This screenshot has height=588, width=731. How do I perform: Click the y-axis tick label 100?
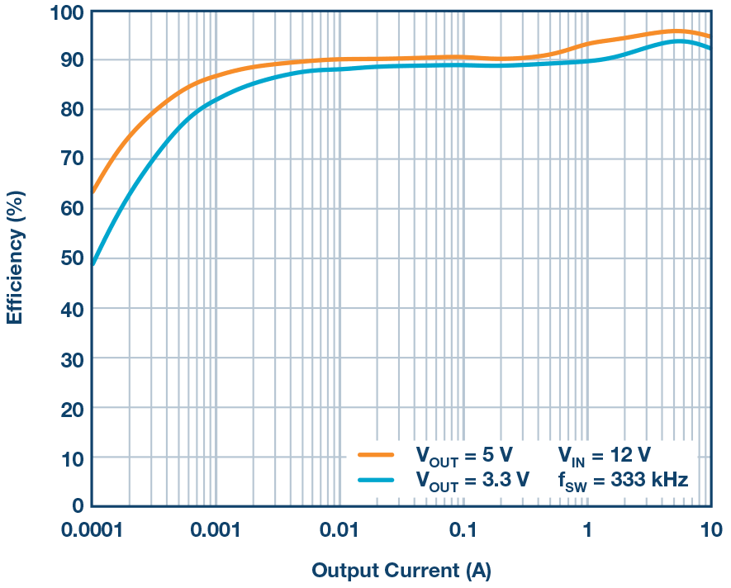(x=66, y=13)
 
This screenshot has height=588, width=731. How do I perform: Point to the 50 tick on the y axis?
(x=72, y=258)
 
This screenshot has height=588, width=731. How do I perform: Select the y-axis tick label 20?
(x=72, y=408)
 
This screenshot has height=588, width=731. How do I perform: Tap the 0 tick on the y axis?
(x=77, y=505)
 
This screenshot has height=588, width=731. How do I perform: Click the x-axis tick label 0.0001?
(x=91, y=529)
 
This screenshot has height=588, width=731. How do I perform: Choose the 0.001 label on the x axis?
(x=214, y=529)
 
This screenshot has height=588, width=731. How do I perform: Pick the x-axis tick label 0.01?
(x=339, y=529)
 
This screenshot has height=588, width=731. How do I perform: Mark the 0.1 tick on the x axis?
(x=463, y=529)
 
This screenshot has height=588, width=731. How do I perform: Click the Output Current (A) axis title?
(x=401, y=571)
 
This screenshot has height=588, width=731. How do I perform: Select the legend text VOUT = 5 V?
(x=464, y=454)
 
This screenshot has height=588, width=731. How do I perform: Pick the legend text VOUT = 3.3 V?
(x=472, y=479)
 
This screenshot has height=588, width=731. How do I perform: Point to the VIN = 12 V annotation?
(x=604, y=454)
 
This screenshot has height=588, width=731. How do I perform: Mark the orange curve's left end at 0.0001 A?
(x=93, y=192)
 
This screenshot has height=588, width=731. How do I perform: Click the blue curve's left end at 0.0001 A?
(x=93, y=264)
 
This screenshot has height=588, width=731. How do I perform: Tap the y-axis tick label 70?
(x=72, y=159)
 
